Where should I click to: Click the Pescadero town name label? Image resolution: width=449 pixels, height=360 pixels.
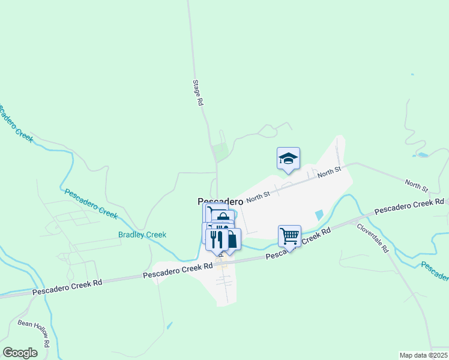(220, 202)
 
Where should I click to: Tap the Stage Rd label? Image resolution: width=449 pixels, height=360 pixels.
(198, 93)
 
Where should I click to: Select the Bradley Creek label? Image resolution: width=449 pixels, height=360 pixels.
(142, 235)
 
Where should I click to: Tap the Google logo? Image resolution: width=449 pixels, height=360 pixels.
(20, 352)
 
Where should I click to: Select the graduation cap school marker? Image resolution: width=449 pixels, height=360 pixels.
(288, 158)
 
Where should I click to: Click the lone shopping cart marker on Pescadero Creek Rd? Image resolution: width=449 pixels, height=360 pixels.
(289, 236)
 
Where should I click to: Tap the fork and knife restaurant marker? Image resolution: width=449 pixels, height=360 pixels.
(217, 239)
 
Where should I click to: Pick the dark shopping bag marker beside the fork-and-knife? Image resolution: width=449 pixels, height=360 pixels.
(231, 239)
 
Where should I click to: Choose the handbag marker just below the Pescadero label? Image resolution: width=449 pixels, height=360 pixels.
(223, 218)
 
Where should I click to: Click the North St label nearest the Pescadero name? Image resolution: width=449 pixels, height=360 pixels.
(258, 194)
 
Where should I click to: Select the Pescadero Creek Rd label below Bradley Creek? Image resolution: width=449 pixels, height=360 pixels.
(178, 271)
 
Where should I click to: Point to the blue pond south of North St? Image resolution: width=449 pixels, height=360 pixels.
(319, 215)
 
